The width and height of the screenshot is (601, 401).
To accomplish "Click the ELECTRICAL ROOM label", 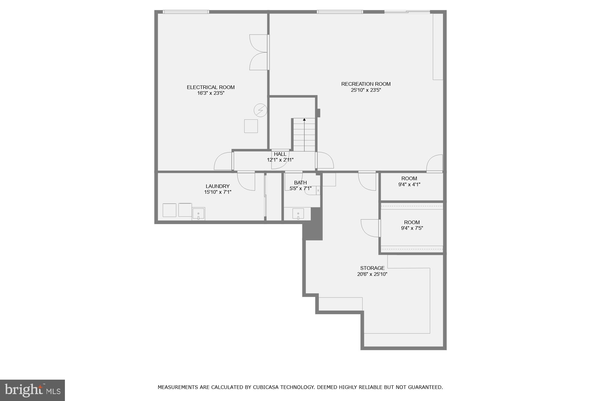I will pyautogui.click(x=211, y=87).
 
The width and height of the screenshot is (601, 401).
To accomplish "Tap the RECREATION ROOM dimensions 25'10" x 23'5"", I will pyautogui.click(x=366, y=90).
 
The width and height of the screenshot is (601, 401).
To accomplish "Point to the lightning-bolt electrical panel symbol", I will pyautogui.click(x=260, y=110).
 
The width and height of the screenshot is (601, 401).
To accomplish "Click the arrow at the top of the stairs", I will pyautogui.click(x=304, y=120).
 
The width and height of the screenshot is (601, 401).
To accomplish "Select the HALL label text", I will pyautogui.click(x=280, y=154).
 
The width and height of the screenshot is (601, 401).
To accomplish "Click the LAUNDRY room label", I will pyautogui.click(x=218, y=186).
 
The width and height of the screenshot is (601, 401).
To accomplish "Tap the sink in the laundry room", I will pyautogui.click(x=198, y=214).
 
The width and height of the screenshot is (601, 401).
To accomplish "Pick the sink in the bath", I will pyautogui.click(x=298, y=214).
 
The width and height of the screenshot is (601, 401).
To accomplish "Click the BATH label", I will pyautogui.click(x=300, y=183).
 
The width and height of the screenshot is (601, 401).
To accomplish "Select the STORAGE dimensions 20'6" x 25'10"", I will pyautogui.click(x=372, y=274).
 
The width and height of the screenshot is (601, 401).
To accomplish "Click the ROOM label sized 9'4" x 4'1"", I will pyautogui.click(x=409, y=178).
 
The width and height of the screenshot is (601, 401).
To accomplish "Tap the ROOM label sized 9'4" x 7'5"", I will pyautogui.click(x=412, y=222).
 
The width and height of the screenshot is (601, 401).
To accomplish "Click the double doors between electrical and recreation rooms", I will pyautogui.click(x=259, y=52).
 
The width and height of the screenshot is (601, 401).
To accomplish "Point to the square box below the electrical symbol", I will pyautogui.click(x=251, y=126).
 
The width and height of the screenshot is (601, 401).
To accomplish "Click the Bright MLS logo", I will pyautogui.click(x=32, y=390).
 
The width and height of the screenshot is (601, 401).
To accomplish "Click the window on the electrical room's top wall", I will pyautogui.click(x=186, y=12).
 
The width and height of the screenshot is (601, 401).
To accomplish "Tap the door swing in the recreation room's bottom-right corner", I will pyautogui.click(x=435, y=163).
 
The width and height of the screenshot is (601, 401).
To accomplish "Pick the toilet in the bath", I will pyautogui.click(x=313, y=191).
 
